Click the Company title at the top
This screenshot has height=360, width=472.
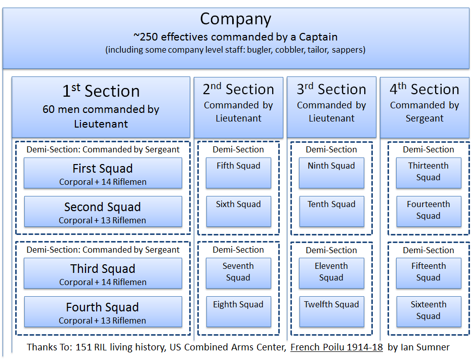(235, 19)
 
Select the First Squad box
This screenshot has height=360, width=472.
(103, 173)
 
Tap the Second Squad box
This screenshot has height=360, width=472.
(103, 212)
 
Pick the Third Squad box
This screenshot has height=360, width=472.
(103, 273)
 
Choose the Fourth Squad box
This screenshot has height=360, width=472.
(103, 312)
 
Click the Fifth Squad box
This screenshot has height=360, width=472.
(238, 173)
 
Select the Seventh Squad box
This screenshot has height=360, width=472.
(238, 273)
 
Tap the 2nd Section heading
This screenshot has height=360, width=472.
(238, 90)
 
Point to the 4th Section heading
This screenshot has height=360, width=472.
(424, 90)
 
